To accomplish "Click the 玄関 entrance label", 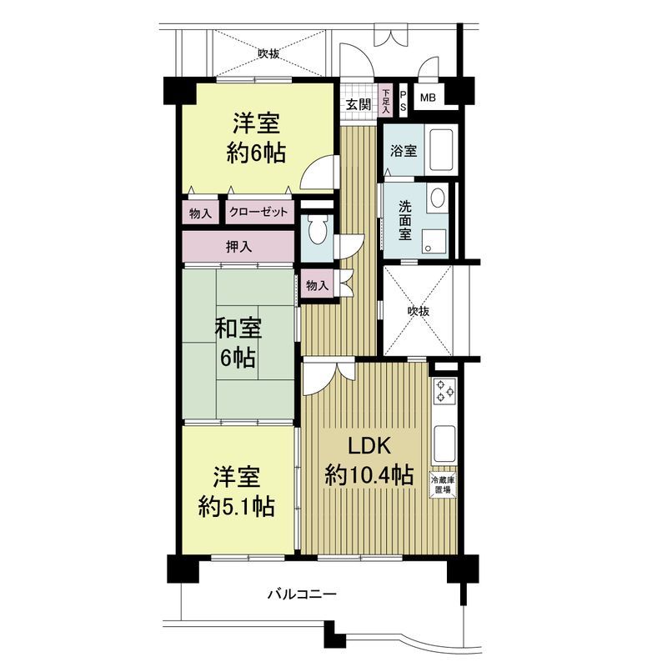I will pos(359,104).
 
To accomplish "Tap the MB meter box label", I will pos(428,98).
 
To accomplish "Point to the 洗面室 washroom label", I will pos(404,219).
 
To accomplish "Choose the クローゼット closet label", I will pos(258,213).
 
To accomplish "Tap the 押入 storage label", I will pos(239,247).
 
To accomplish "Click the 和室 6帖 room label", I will pos(238,344).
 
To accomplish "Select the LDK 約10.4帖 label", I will pos(369,460).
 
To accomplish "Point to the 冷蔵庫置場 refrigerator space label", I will pos(442,485).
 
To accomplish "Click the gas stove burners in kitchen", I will pos(443,391).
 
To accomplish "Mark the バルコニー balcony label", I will pos(302,594).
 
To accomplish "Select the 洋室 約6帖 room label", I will pos(255,138).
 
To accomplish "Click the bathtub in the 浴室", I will pos(439,151).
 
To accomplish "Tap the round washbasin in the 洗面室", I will pos(437,198).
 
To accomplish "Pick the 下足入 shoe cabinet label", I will pos(386,100).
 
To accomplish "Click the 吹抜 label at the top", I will pos(268,54).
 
